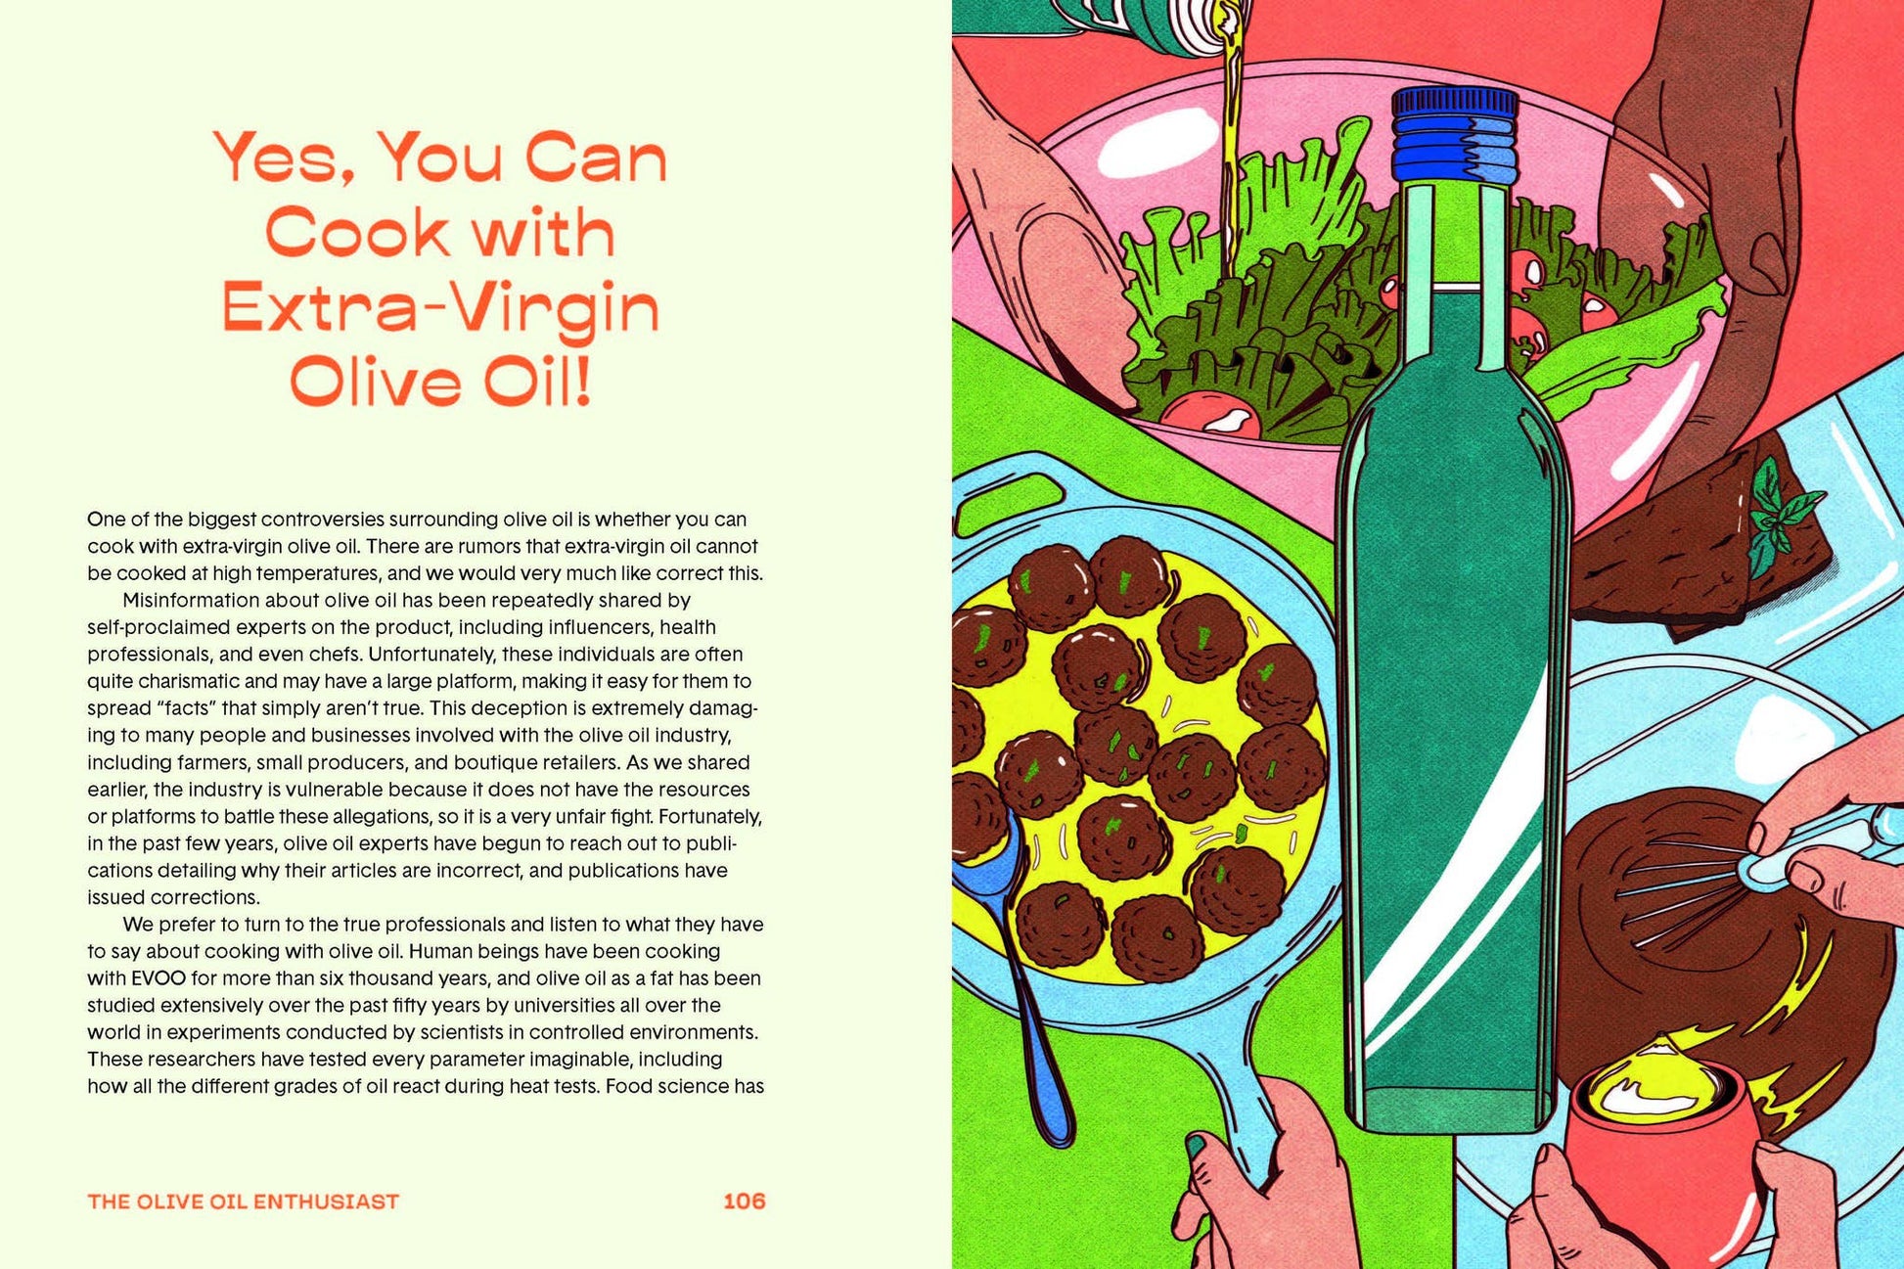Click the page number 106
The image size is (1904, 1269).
(x=744, y=1201)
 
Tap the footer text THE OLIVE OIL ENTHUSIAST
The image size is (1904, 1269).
(x=243, y=1201)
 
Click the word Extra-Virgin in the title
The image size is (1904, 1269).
(x=440, y=306)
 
